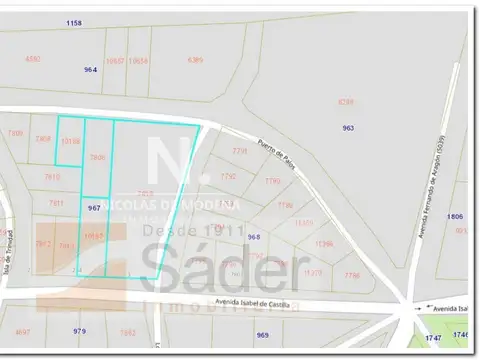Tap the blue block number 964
[x=91, y=69]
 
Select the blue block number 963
[x=348, y=128]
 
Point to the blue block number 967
[x=94, y=208]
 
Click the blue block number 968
[x=254, y=237]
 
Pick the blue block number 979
[x=80, y=330]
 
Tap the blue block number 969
[x=263, y=335]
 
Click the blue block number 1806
[x=455, y=216]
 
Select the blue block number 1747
[x=433, y=339]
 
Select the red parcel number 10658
[x=139, y=61]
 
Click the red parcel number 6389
[x=345, y=102]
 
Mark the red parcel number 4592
[x=33, y=59]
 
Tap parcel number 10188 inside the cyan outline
[x=69, y=142]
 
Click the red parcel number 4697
[x=23, y=331]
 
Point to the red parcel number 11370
[x=313, y=272]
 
